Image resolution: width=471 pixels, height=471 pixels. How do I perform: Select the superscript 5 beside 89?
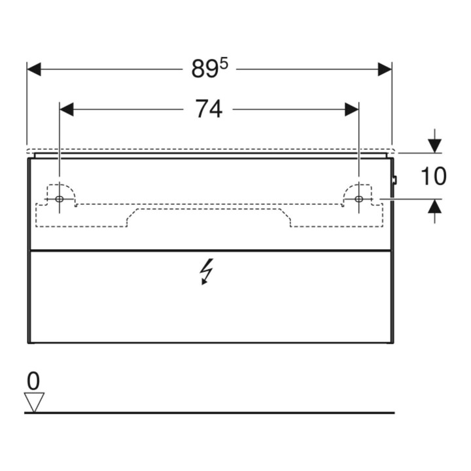coord(224,63)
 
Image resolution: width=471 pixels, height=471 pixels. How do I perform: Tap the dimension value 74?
coord(209,109)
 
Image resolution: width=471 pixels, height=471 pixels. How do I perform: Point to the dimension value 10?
coord(434,176)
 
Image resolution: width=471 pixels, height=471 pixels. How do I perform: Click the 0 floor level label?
coord(33,381)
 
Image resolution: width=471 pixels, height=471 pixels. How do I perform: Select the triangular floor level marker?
coord(34,402)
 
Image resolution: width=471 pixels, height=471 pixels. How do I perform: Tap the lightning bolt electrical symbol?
coord(207,271)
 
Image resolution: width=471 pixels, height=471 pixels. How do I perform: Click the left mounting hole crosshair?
coord(59,199)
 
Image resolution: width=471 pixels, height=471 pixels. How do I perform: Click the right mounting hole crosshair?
coord(358,199)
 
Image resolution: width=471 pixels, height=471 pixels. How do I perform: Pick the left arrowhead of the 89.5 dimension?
coord(33,69)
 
